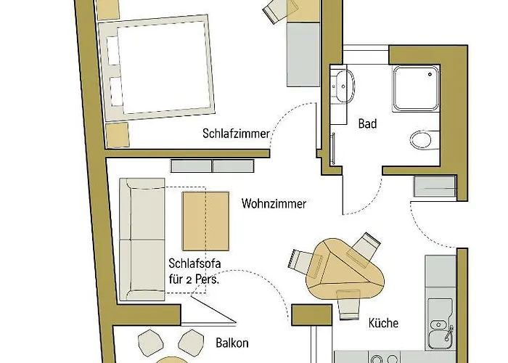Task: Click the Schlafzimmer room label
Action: pos(236,134)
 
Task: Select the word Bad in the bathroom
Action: pos(367,124)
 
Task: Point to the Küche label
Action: pos(384,323)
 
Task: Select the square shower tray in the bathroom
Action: pos(417,88)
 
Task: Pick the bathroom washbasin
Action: pos(343,86)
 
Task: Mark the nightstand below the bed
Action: pos(118,134)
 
